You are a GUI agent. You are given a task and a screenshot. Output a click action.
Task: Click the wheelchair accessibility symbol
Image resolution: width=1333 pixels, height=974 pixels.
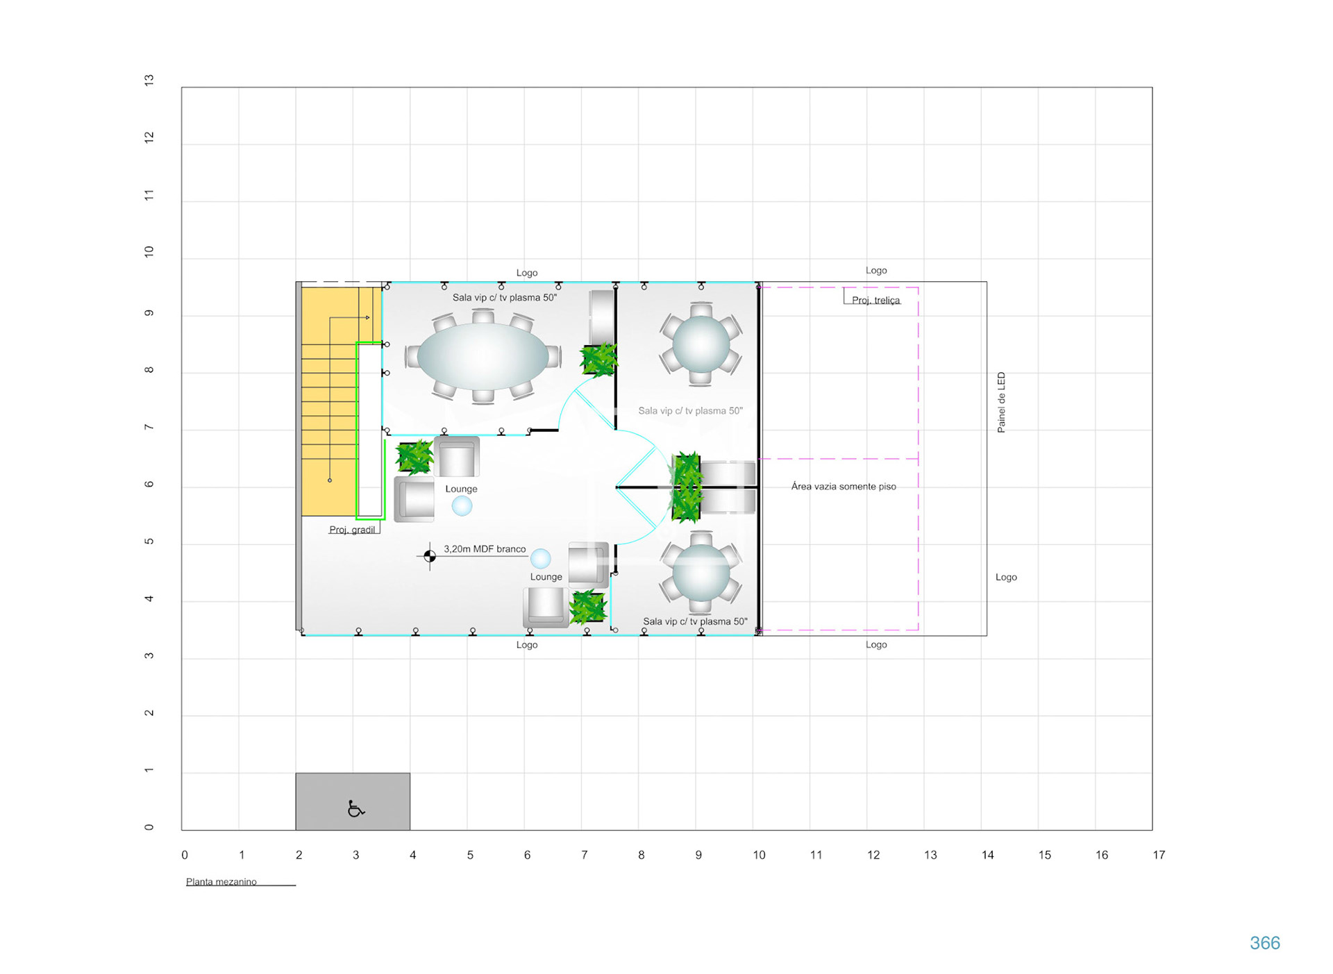[x=355, y=809]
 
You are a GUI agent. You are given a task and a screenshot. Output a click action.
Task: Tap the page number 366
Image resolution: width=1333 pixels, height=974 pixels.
[x=1264, y=943]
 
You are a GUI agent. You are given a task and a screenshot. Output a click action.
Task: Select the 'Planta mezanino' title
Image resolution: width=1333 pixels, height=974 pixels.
[x=221, y=882]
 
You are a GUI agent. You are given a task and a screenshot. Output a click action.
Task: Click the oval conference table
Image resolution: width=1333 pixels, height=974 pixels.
[x=483, y=355]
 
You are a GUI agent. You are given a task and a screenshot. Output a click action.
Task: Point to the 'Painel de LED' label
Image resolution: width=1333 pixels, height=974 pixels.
[x=1001, y=403]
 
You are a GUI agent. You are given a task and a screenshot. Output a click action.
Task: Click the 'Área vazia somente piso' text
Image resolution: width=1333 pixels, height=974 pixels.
[x=844, y=487]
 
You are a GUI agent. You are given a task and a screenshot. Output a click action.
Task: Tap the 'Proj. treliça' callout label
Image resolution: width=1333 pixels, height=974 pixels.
[x=876, y=300]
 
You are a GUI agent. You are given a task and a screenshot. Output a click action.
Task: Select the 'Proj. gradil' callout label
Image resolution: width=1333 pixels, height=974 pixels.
[x=352, y=530]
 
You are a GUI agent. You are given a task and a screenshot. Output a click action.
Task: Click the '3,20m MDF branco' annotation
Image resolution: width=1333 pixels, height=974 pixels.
[x=485, y=548]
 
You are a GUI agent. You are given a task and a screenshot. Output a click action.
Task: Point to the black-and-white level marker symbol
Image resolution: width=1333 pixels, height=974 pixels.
[x=430, y=556]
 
